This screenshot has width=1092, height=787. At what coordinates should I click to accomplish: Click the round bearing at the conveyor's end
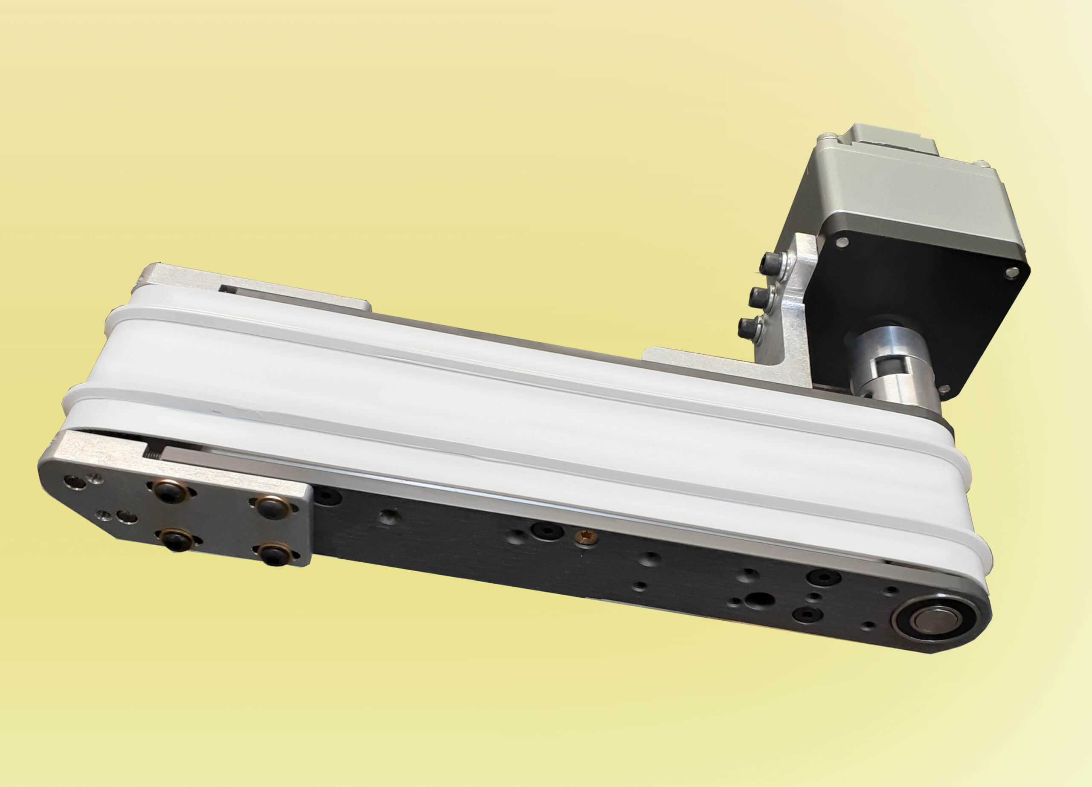(932, 619)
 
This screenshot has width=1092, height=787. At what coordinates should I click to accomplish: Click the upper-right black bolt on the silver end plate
(271, 507)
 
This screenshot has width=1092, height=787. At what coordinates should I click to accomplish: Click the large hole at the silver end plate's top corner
(72, 481)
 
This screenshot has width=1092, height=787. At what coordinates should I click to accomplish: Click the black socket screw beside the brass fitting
(547, 530)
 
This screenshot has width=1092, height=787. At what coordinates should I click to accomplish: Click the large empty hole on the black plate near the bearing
(759, 600)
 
